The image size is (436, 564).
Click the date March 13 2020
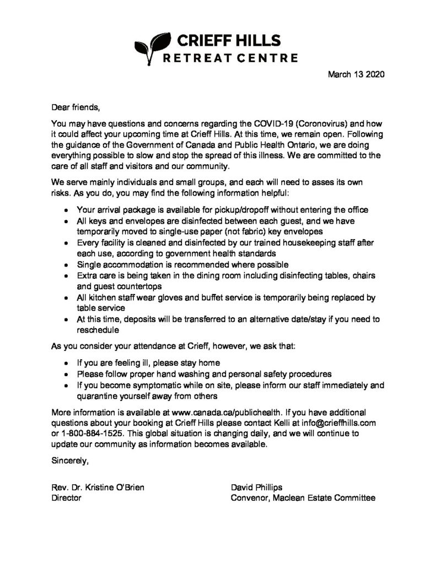[x=356, y=73]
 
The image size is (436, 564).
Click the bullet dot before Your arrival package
[x=67, y=211]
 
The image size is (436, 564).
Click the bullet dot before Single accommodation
[x=67, y=265]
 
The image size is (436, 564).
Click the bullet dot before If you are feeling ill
[x=67, y=364]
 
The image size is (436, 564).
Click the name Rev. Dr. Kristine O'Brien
[x=99, y=487]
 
